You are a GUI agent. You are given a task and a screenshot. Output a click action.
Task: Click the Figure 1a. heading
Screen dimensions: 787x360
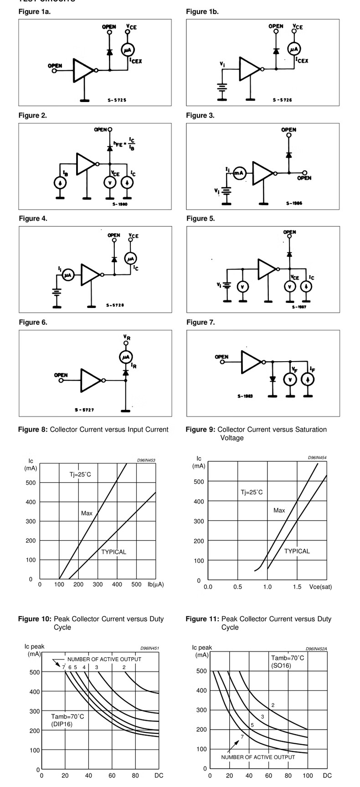[x=35, y=12]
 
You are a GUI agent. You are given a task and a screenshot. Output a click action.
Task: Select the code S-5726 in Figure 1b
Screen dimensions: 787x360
[x=281, y=100]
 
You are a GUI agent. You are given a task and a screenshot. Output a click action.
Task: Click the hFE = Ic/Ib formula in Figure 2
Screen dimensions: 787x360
[x=123, y=144]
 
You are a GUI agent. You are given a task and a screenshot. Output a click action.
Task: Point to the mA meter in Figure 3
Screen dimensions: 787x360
[x=239, y=173]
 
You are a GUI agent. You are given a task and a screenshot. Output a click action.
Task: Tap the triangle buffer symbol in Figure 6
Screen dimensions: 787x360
[x=90, y=380]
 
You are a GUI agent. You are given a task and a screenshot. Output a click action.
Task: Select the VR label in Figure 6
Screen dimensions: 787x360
[x=126, y=337]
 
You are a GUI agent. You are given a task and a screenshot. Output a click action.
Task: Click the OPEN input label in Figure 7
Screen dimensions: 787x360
[x=221, y=357]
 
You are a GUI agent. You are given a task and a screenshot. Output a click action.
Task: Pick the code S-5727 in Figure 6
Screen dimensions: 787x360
[x=84, y=410]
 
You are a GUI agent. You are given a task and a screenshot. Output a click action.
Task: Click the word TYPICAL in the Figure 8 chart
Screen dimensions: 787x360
[x=113, y=552]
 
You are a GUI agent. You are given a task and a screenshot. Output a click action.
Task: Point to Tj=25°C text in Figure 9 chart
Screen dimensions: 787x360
[x=252, y=492]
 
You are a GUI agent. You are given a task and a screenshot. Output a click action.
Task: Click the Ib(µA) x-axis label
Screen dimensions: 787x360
[x=155, y=584]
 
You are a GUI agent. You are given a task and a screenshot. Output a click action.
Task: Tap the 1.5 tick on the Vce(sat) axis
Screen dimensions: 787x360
[x=297, y=587]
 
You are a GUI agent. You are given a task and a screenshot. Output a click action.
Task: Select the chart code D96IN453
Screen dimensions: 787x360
[x=146, y=460]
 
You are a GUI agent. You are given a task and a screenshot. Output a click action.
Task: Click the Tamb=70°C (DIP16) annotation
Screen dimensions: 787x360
[x=67, y=720]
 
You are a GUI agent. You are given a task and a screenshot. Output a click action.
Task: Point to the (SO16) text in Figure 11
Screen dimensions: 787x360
[x=281, y=665]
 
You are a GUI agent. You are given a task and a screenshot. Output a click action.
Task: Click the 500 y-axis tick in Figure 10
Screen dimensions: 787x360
[x=35, y=672]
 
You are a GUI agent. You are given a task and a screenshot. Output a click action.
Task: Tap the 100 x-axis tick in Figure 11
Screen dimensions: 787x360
[x=308, y=775]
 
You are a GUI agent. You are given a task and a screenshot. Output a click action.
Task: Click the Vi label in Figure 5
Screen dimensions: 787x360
[x=219, y=285]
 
